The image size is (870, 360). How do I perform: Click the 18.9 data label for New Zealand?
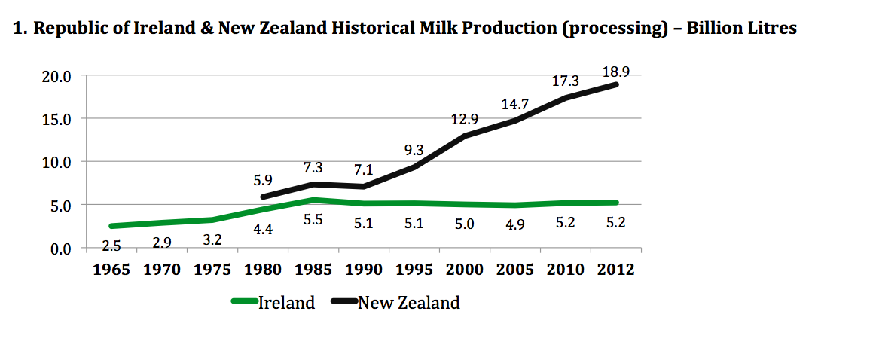tap(616, 72)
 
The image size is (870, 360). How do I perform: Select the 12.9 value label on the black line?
tap(465, 118)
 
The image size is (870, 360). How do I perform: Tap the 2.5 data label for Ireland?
tap(112, 246)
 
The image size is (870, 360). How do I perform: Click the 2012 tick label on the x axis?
tap(615, 270)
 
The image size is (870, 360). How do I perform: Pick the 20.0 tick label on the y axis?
tap(56, 76)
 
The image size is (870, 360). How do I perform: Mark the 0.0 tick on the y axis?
tap(60, 249)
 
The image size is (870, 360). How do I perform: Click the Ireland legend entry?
tap(286, 303)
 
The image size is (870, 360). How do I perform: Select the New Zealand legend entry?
tap(408, 303)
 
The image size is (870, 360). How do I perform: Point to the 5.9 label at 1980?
tap(264, 181)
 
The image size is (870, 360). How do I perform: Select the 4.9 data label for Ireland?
tap(515, 224)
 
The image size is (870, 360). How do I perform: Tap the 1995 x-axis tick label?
tap(414, 270)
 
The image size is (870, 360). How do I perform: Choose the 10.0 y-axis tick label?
tap(56, 162)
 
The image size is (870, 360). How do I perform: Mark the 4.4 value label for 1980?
tap(264, 230)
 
